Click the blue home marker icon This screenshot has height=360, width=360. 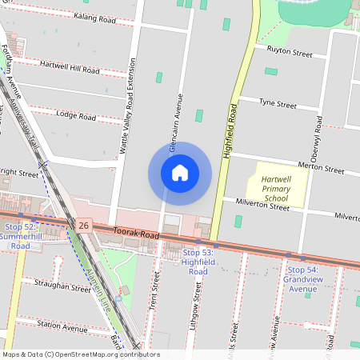(x=180, y=173)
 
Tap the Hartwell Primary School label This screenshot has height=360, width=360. (x=277, y=185)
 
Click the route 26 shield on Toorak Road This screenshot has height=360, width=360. (x=84, y=226)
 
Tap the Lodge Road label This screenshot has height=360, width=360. (x=76, y=117)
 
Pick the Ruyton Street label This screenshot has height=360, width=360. (x=288, y=53)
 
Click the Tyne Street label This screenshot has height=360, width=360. (x=278, y=105)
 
